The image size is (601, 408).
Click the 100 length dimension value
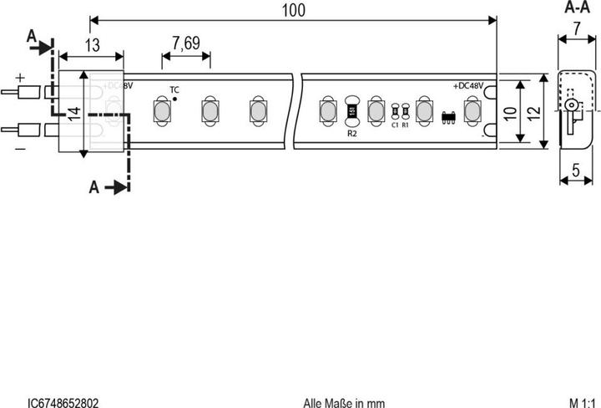(293, 10)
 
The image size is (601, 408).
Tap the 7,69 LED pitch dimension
(186, 44)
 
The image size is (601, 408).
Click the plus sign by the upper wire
(21, 77)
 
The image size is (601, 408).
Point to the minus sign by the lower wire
(20, 148)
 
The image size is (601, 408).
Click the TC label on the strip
(174, 89)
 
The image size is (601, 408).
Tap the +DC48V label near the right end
(469, 86)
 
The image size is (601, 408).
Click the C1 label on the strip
(395, 125)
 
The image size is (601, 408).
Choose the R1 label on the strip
(406, 125)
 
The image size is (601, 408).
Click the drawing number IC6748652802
(63, 402)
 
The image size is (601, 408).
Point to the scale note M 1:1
(584, 402)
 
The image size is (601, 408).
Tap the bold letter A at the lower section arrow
(94, 188)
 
